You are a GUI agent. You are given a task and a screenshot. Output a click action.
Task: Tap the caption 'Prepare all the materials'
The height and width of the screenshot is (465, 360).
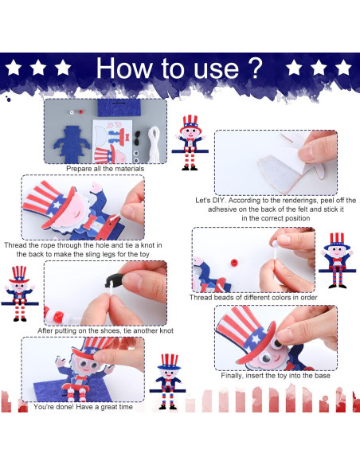coord(105,169)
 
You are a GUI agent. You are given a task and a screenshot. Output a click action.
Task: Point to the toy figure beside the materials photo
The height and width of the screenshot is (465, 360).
coord(190,143)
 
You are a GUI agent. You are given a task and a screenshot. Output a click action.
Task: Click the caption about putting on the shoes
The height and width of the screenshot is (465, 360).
coord(116,330)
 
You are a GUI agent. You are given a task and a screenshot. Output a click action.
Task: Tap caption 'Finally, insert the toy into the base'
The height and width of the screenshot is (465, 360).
coord(276,376)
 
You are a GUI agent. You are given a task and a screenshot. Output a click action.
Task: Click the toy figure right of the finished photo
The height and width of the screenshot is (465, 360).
coord(167,381)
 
